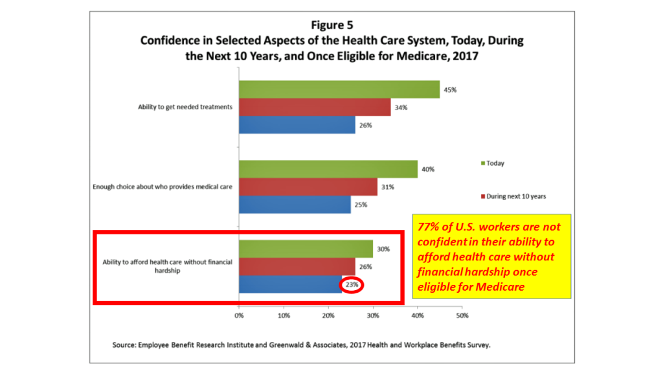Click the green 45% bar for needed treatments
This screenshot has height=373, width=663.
click(339, 89)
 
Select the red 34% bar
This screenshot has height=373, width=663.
click(315, 107)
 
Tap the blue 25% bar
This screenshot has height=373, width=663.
click(295, 205)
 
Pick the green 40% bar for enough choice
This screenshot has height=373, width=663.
click(328, 169)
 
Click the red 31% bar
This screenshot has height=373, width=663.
click(308, 187)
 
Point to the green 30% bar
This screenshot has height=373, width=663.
click(306, 249)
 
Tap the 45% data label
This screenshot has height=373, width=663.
click(450, 89)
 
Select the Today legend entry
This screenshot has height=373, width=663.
click(492, 163)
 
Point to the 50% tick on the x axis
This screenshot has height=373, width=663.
click(462, 317)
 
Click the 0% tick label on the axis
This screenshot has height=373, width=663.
click(239, 317)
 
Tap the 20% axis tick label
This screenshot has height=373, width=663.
click(328, 317)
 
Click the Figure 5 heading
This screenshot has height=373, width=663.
click(331, 25)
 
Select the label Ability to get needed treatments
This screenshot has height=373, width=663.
click(185, 107)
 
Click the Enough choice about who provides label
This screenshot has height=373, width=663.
click(163, 188)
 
